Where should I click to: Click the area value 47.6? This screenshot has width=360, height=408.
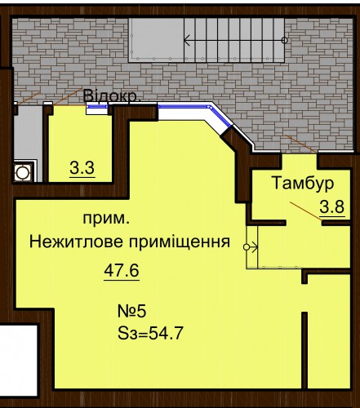(122, 271)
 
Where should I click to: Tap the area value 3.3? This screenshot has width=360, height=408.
(82, 168)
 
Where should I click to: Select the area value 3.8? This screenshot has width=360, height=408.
(332, 207)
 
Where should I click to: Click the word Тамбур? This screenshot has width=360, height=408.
(303, 183)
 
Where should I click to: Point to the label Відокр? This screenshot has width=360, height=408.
(111, 95)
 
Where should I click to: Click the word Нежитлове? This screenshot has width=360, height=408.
(76, 242)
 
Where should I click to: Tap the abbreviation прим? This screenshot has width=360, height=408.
(106, 220)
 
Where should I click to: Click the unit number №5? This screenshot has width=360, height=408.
(132, 312)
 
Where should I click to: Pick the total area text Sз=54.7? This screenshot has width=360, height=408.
(150, 333)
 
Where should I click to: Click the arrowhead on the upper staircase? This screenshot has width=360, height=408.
(187, 41)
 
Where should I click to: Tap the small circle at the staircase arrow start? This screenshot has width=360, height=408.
(285, 41)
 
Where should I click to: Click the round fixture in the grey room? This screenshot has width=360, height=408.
(22, 172)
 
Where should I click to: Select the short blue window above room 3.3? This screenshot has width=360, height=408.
(97, 107)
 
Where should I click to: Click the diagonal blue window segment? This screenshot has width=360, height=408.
(220, 117)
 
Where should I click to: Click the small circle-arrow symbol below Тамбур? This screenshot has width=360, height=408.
(251, 247)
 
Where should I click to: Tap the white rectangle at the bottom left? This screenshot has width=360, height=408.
(19, 361)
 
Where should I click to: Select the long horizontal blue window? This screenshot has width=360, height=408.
(184, 107)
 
